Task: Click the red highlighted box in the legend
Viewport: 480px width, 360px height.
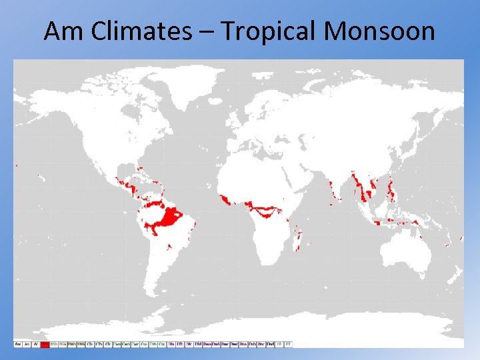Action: (x=45, y=344)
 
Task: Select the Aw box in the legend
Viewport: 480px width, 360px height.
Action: (x=18, y=344)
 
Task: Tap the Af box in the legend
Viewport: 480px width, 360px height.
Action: (x=36, y=344)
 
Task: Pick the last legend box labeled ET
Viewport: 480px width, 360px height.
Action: (x=289, y=344)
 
